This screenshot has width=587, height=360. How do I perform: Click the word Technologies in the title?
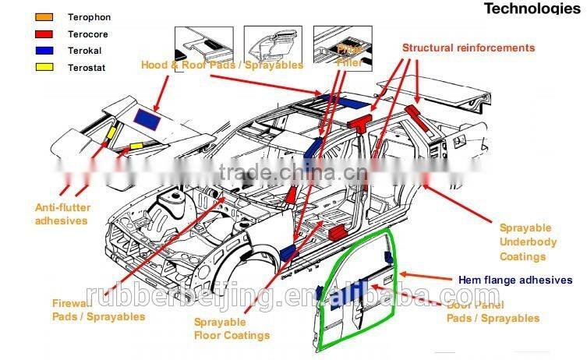(533, 9)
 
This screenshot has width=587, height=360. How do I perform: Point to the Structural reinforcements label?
(469, 48)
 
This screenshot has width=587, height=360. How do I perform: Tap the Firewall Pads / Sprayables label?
(98, 310)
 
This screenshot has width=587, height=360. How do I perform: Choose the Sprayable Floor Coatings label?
(232, 328)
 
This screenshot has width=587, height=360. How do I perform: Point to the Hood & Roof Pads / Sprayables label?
(221, 65)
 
